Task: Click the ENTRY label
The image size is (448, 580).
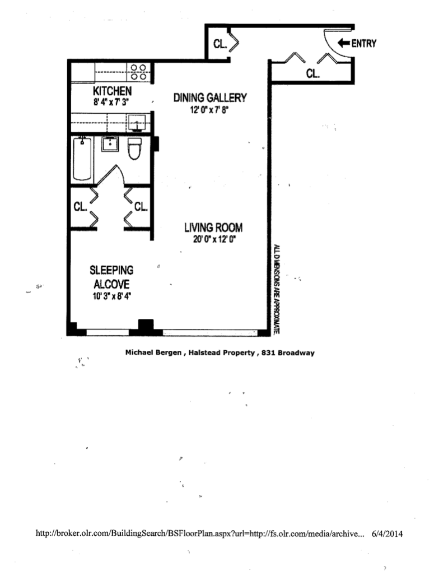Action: click(x=364, y=43)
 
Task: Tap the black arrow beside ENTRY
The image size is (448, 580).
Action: click(x=344, y=43)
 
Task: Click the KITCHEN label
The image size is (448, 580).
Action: click(x=112, y=91)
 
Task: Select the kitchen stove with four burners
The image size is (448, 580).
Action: click(x=138, y=72)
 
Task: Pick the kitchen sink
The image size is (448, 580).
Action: click(x=137, y=121)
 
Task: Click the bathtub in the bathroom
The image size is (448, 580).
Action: click(x=82, y=159)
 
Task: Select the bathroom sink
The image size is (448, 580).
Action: click(x=110, y=145)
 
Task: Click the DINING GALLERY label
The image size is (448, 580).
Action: click(x=209, y=98)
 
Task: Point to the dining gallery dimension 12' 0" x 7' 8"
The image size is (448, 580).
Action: click(x=209, y=110)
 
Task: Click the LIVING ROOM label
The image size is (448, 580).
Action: click(x=213, y=228)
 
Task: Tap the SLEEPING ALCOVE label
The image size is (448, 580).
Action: click(x=113, y=277)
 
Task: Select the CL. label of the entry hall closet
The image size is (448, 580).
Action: click(x=312, y=73)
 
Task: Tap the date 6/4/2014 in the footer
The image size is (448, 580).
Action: click(x=388, y=534)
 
